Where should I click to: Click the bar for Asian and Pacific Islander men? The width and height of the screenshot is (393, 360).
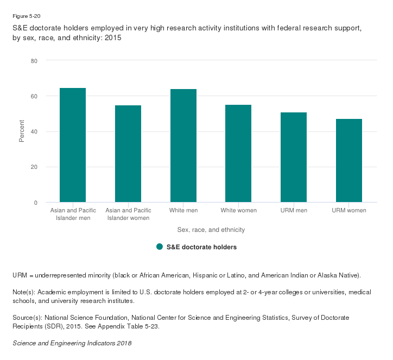[x=73, y=145]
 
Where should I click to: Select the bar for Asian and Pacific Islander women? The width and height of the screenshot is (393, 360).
[x=128, y=154]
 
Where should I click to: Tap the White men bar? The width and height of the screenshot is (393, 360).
[x=183, y=146]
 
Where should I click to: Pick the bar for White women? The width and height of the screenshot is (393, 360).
[x=238, y=153]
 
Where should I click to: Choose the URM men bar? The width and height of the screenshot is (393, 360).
[x=294, y=157]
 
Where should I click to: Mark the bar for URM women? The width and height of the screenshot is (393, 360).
[x=348, y=160]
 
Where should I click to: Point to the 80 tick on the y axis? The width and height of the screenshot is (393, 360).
[x=34, y=61]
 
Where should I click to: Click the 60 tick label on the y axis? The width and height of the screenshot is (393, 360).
[x=34, y=96]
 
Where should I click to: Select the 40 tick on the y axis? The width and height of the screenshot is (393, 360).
[x=34, y=131]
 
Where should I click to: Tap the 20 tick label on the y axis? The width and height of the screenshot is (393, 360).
[x=34, y=167]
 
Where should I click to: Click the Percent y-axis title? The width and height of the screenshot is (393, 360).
[x=22, y=131]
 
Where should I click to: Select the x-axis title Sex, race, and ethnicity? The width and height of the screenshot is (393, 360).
[x=211, y=230]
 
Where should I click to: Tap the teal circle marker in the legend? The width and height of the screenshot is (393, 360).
[x=160, y=247]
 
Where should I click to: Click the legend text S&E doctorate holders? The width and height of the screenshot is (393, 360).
[x=201, y=247]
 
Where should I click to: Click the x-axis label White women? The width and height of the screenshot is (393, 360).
[x=238, y=210]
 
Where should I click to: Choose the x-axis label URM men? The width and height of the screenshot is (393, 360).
[x=294, y=210]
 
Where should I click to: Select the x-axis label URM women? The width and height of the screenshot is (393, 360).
[x=348, y=210]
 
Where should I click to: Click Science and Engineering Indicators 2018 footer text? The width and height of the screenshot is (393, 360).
[x=72, y=344]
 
